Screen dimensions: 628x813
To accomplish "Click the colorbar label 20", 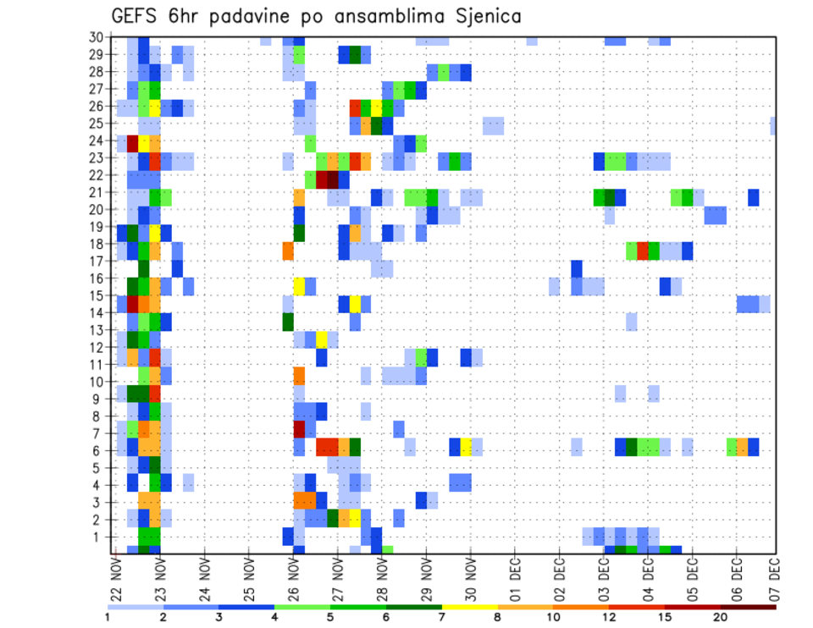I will tap(721, 617).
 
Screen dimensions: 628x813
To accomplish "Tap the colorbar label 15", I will tap(665, 617).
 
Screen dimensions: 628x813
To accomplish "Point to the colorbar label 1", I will tap(108, 617).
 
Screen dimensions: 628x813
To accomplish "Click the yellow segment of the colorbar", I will tap(470, 607).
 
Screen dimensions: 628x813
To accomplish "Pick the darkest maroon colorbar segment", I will tap(749, 607).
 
